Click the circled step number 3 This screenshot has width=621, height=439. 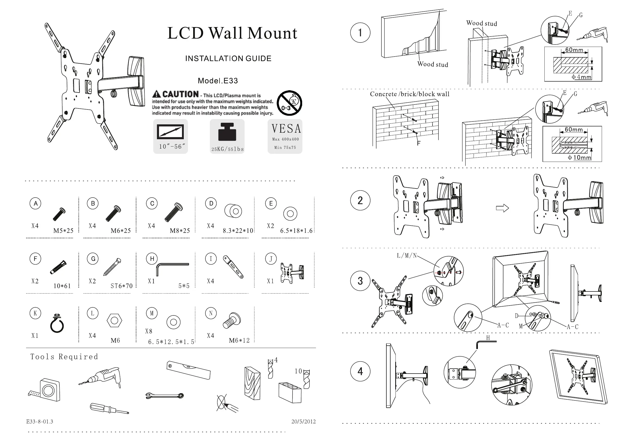pos(360,281)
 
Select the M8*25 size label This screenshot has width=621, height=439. pos(180,231)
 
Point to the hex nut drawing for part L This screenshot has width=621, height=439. pos(114,321)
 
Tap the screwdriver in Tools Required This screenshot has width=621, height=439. pos(109,408)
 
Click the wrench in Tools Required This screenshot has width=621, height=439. pos(165,396)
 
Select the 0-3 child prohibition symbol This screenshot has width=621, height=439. pos(289,103)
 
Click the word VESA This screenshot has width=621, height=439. pos(286,129)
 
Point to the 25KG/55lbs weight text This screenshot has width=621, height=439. pos(228,149)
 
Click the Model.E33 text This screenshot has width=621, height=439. pos(218,81)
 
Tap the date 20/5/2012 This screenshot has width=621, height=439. pos(303,422)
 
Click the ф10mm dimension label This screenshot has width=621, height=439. pos(579,157)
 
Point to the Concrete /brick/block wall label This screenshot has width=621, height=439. pos(410,94)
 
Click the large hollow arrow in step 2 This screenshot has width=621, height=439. pos(502,208)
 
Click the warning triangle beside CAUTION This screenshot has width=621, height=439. pos(157,94)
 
